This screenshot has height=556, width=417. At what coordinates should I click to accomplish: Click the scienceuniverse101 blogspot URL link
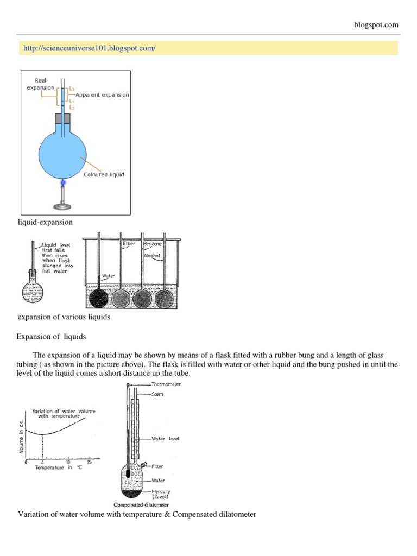pyautogui.click(x=90, y=48)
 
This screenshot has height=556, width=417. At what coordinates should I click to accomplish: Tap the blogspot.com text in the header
pyautogui.click(x=375, y=24)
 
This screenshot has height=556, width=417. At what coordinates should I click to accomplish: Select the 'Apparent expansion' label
pyautogui.click(x=102, y=95)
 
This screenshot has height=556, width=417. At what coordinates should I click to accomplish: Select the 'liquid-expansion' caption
pyautogui.click(x=46, y=222)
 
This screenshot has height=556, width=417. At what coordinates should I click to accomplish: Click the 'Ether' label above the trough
pyautogui.click(x=129, y=244)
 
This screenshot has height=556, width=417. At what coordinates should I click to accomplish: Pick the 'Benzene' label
pyautogui.click(x=153, y=244)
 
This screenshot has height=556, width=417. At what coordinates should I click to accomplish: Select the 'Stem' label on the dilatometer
pyautogui.click(x=157, y=395)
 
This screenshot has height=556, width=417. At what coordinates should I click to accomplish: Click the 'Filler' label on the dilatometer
pyautogui.click(x=157, y=466)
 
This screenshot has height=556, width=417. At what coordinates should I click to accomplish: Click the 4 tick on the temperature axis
pyautogui.click(x=42, y=463)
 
